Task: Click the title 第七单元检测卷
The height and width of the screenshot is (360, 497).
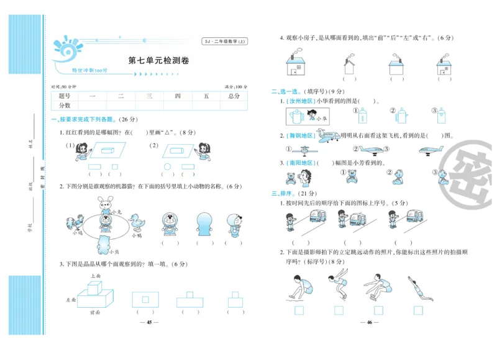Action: (x=158, y=61)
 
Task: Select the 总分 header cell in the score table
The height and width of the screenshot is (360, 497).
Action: (x=234, y=96)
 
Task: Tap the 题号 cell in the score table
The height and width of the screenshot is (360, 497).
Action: (x=65, y=96)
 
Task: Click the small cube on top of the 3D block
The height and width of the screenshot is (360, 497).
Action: (x=94, y=287)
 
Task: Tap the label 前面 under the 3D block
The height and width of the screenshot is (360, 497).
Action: (x=95, y=312)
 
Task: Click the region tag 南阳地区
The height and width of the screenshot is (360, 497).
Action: (x=299, y=163)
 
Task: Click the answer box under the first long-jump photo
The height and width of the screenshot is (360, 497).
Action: (x=299, y=310)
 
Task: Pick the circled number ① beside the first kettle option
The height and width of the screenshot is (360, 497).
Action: (x=357, y=111)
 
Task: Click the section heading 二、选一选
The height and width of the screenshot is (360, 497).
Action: (x=287, y=91)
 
